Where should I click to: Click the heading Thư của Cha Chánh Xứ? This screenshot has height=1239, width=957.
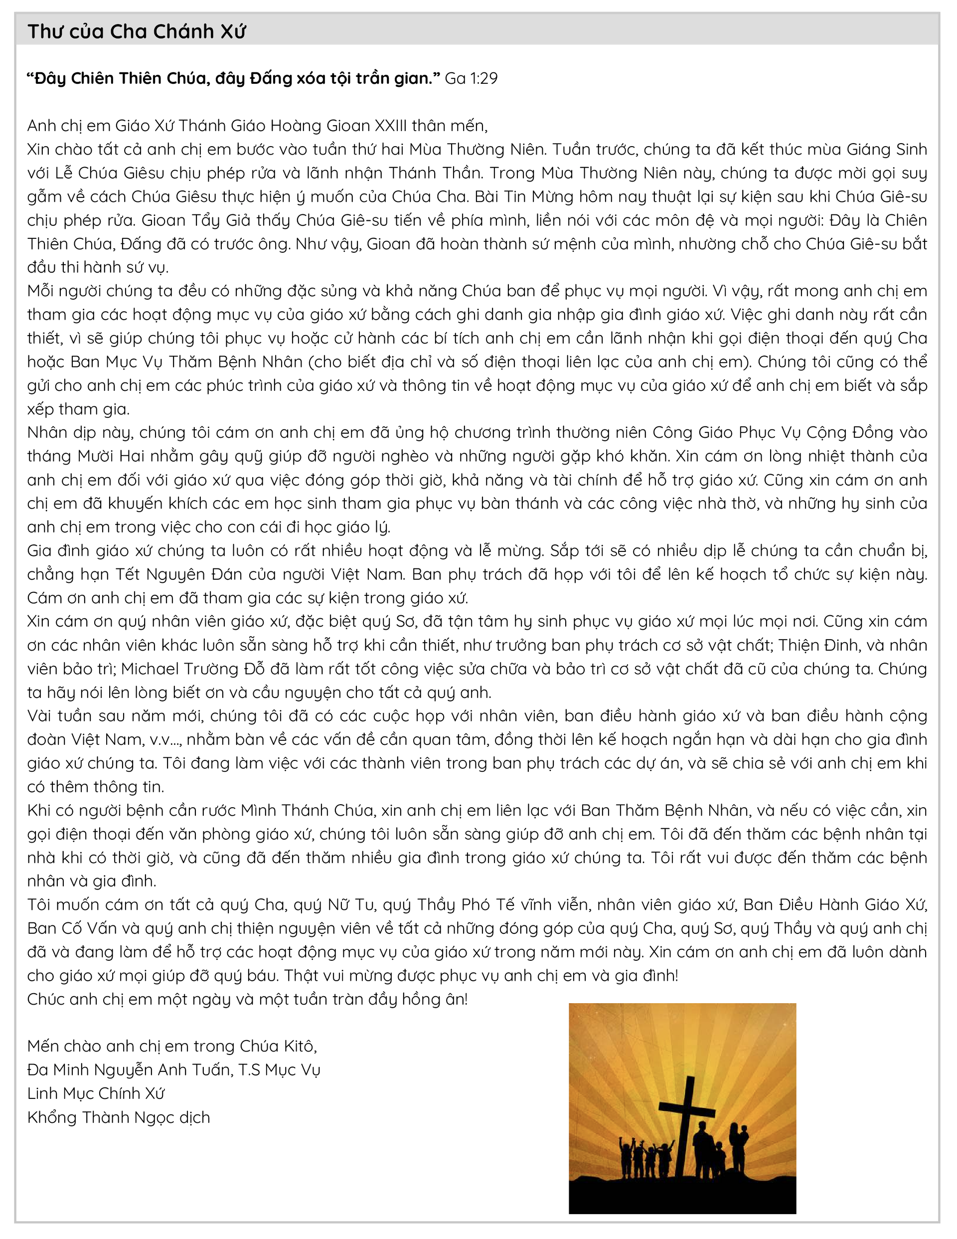click(x=136, y=32)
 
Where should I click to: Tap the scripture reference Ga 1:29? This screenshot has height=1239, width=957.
click(x=471, y=78)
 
